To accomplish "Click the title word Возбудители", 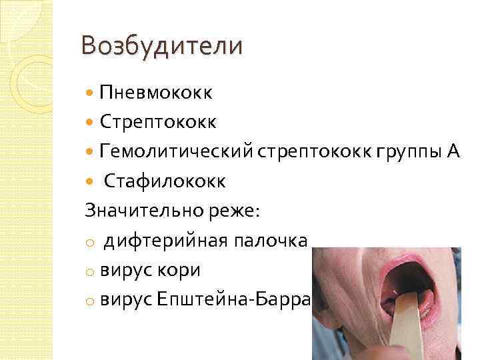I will point(162,46).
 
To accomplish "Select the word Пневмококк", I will point(156,93).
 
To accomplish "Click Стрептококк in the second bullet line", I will point(158,122).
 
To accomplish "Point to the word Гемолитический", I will point(175,151).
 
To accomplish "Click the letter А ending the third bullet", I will point(453,151).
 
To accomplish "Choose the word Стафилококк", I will point(164,181).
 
